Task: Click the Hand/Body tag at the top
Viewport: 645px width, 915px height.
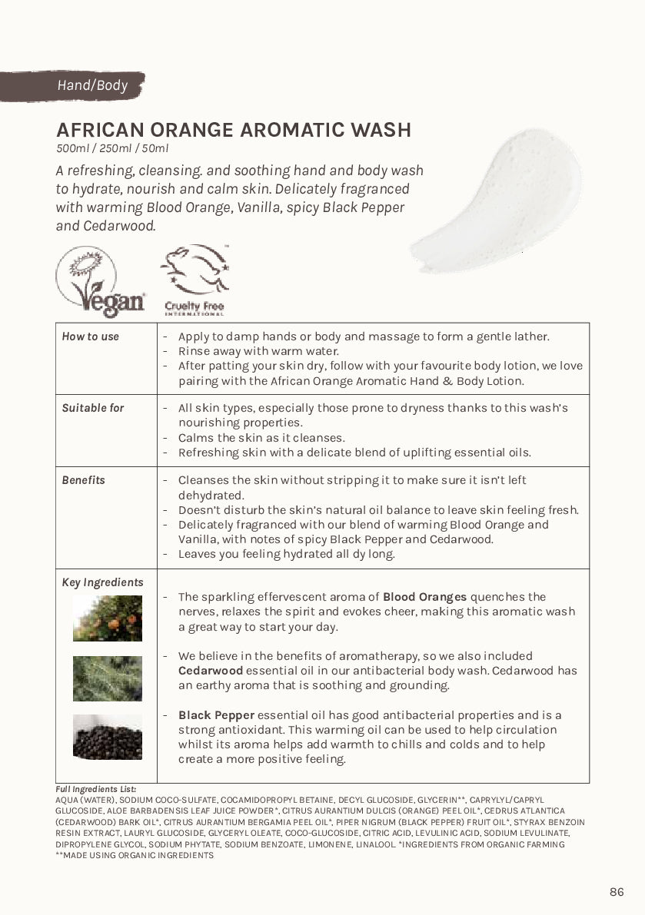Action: click(x=91, y=85)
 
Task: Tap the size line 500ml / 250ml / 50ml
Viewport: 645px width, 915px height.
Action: click(x=111, y=148)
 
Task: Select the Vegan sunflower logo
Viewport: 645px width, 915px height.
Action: click(x=101, y=280)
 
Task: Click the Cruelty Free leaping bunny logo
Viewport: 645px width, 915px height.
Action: click(x=194, y=280)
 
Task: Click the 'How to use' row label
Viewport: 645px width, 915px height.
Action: click(x=90, y=336)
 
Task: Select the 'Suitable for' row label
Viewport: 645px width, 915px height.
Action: click(x=92, y=408)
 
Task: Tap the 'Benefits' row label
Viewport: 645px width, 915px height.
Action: click(x=83, y=480)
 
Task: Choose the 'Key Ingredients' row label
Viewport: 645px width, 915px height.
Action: click(x=102, y=582)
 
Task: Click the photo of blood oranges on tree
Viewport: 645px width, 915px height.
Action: click(x=108, y=618)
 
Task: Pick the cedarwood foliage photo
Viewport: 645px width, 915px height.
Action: click(x=108, y=678)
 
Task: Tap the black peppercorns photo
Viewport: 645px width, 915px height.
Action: click(x=108, y=737)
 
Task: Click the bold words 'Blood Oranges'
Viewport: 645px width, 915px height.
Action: click(x=424, y=597)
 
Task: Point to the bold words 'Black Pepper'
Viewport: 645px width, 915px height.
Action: click(x=216, y=715)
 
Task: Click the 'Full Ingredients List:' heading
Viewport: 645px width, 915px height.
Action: click(x=95, y=789)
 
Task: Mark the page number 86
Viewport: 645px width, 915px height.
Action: click(x=617, y=892)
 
